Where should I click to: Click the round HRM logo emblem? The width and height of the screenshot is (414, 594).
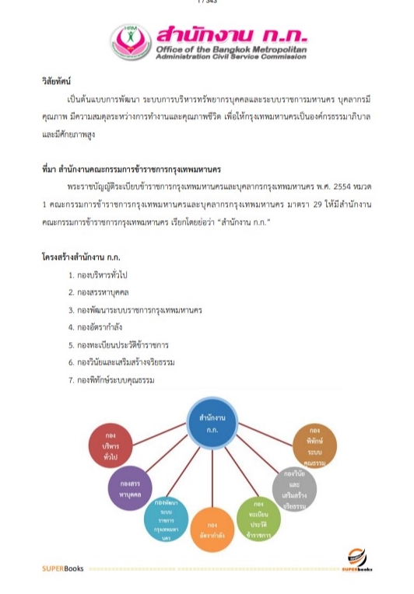[130, 41]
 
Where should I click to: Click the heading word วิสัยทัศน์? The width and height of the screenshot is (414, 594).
[58, 80]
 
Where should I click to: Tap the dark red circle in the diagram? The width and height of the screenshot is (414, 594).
[110, 446]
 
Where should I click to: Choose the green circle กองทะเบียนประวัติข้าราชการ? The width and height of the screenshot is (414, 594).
[258, 519]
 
